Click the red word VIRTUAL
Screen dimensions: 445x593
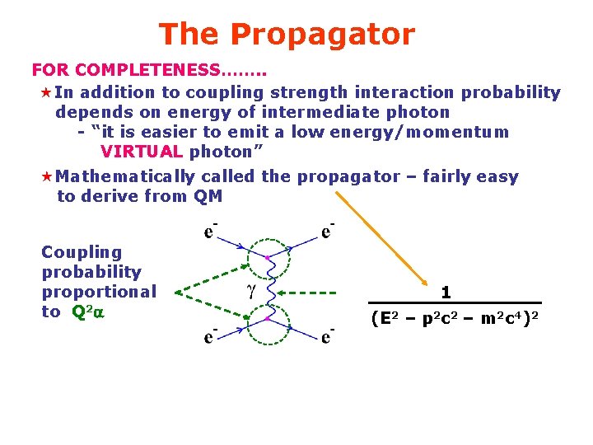coord(141,152)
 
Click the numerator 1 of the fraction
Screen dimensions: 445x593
coord(446,292)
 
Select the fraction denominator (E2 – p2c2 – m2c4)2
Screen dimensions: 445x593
coord(455,317)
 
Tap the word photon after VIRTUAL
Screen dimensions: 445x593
coord(220,152)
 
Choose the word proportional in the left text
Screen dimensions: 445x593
coord(98,292)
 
